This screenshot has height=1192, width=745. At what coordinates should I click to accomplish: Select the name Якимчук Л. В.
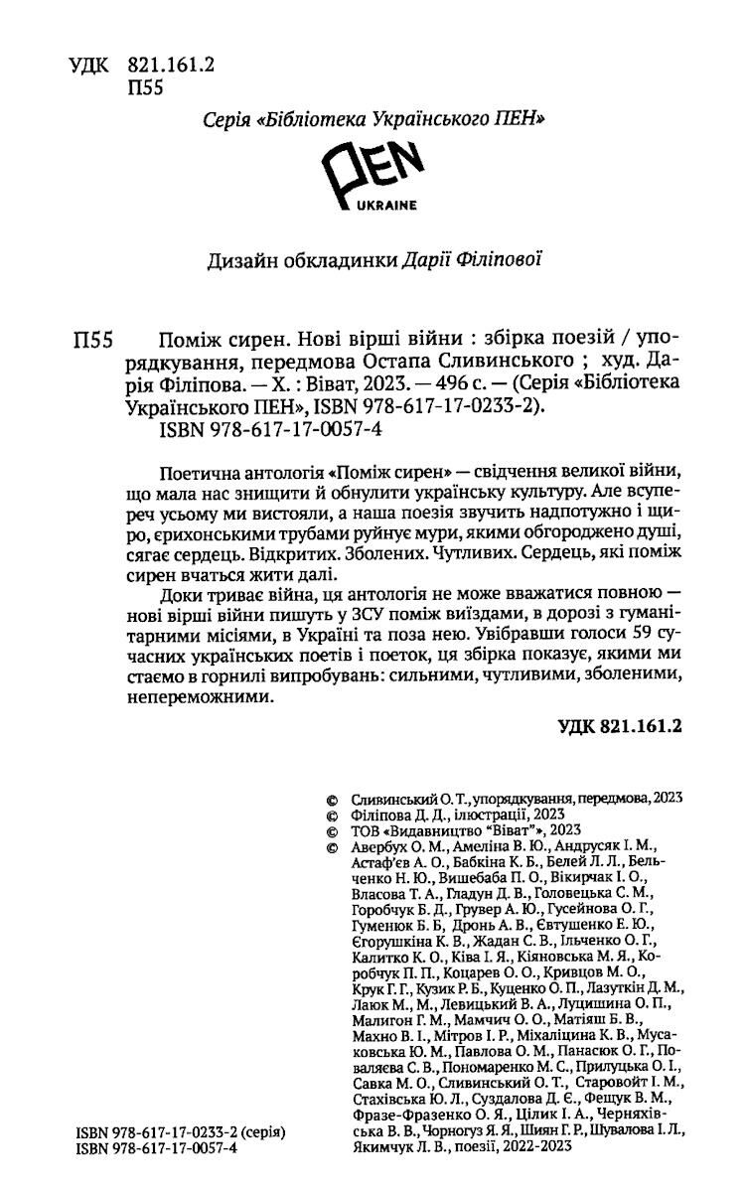pyautogui.click(x=402, y=1148)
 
